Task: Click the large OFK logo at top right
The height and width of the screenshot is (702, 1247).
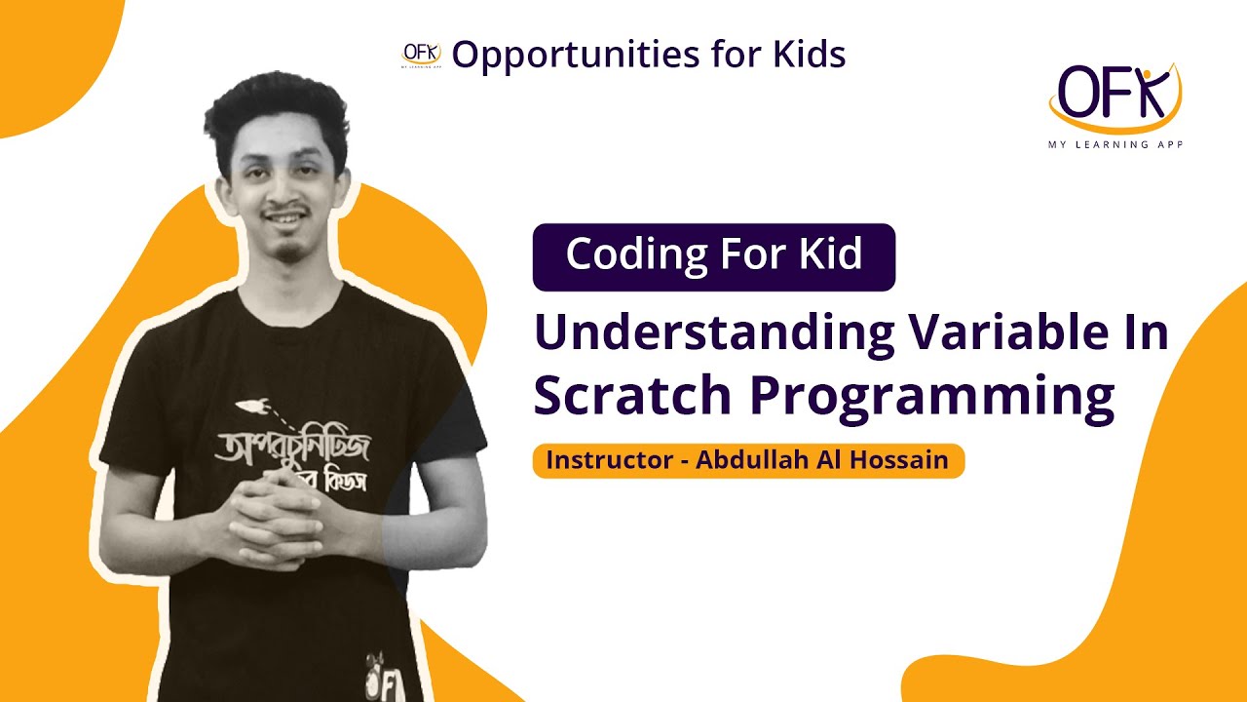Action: (1115, 96)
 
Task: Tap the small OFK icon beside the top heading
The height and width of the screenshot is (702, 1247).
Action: (422, 54)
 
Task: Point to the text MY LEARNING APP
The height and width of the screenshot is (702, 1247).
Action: (1115, 142)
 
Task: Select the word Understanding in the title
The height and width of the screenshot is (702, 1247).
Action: (714, 333)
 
